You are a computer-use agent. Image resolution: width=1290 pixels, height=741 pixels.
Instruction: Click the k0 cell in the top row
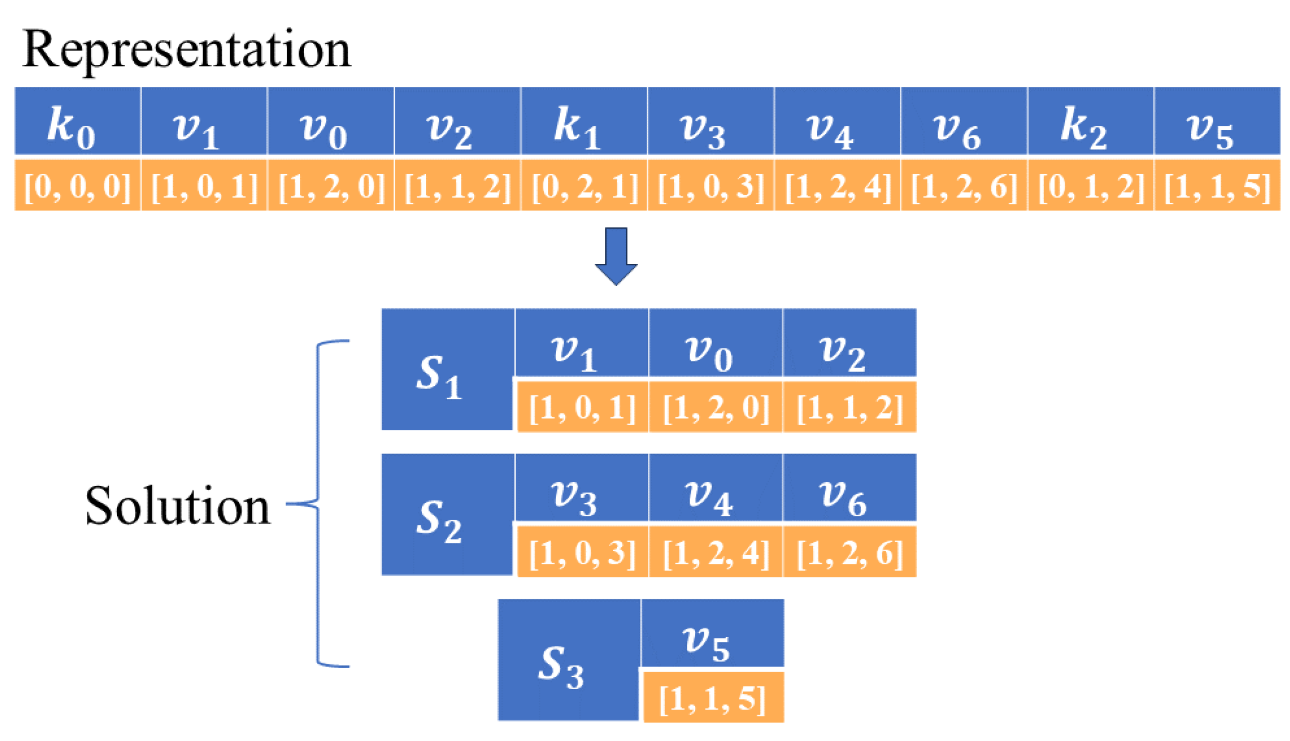pyautogui.click(x=77, y=120)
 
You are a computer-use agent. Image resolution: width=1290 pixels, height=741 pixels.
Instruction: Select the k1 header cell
pyautogui.click(x=583, y=120)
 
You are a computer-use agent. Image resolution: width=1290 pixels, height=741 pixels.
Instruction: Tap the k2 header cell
pyautogui.click(x=1090, y=120)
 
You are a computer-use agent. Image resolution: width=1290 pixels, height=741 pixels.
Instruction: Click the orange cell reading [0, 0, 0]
pyautogui.click(x=77, y=185)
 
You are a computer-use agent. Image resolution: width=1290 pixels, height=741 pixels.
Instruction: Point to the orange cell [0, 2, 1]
pyautogui.click(x=583, y=185)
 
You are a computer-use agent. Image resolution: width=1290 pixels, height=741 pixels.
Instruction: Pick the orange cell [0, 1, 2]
pyautogui.click(x=1090, y=185)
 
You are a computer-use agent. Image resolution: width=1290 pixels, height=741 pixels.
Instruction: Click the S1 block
pyautogui.click(x=447, y=370)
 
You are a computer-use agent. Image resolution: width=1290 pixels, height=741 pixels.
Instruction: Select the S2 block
pyautogui.click(x=447, y=514)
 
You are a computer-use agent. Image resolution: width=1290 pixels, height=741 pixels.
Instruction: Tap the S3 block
pyautogui.click(x=568, y=660)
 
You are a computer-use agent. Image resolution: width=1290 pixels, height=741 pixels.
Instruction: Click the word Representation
pyautogui.click(x=186, y=49)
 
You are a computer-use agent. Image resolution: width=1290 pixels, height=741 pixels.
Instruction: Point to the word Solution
pyautogui.click(x=177, y=506)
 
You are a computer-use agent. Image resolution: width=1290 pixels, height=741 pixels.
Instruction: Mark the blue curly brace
pyautogui.click(x=319, y=504)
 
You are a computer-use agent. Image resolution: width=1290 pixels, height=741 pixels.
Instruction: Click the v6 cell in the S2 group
pyautogui.click(x=849, y=487)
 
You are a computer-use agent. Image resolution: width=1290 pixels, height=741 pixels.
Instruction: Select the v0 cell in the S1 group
pyautogui.click(x=715, y=343)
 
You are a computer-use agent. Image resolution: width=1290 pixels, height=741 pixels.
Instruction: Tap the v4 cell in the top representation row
pyautogui.click(x=836, y=120)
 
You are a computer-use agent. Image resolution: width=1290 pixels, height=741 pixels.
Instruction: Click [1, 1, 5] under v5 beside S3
pyautogui.click(x=713, y=698)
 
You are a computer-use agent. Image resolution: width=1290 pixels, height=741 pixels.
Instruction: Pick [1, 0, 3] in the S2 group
pyautogui.click(x=582, y=552)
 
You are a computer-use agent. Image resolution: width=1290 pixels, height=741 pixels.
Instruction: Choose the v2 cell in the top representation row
pyautogui.click(x=457, y=120)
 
